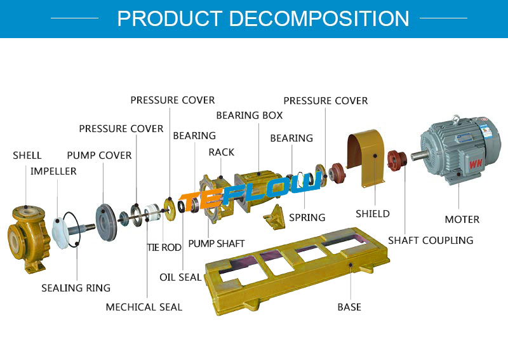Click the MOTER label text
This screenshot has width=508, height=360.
pyautogui.click(x=462, y=220)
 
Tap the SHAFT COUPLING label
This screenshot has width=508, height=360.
pyautogui.click(x=431, y=241)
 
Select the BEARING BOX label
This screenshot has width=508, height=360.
pyautogui.click(x=250, y=116)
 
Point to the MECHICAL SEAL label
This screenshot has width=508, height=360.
pyautogui.click(x=144, y=307)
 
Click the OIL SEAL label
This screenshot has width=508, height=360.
pyautogui.click(x=180, y=277)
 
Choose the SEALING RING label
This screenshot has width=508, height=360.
pyautogui.click(x=76, y=288)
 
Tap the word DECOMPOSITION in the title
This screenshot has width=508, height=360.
pyautogui.click(x=319, y=18)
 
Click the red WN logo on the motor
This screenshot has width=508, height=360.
pyautogui.click(x=476, y=164)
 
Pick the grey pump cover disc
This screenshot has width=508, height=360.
pyautogui.click(x=105, y=222)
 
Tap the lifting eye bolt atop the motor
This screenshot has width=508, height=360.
pyautogui.click(x=456, y=119)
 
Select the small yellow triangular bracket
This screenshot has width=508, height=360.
pyautogui.click(x=275, y=217)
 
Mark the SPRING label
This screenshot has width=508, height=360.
pyautogui.click(x=307, y=217)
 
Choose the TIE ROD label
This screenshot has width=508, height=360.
pyautogui.click(x=164, y=248)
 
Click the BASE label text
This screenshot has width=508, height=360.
pyautogui.click(x=349, y=307)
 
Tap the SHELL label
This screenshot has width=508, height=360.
pyautogui.click(x=27, y=156)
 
